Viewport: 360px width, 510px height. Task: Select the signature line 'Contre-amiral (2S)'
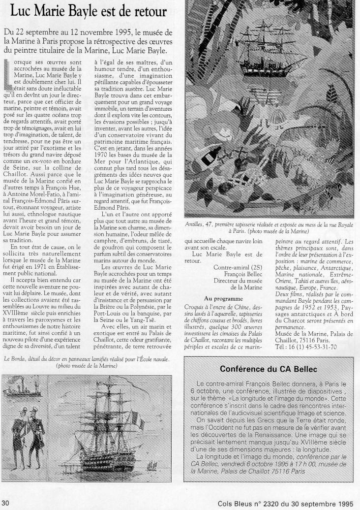pos(232,268)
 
